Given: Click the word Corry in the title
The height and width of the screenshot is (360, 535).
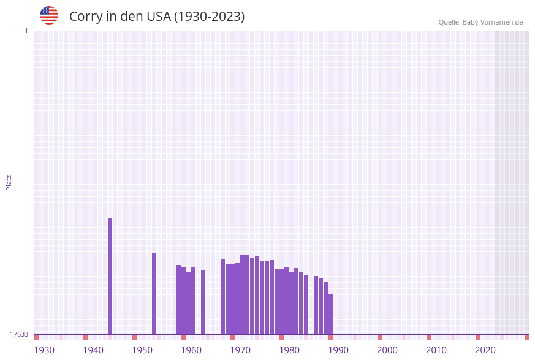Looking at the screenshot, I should tap(86, 17).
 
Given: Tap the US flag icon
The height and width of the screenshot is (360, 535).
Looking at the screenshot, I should tap(49, 15).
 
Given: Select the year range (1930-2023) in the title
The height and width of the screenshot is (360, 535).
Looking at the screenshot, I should tap(209, 17).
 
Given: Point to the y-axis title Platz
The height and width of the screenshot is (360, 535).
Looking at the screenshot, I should tap(9, 182).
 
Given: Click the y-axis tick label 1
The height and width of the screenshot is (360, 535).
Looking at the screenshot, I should tap(26, 31).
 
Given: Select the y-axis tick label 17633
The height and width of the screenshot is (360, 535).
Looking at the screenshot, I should tap(19, 334).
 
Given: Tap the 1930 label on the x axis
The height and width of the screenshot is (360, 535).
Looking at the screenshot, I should tap(44, 350).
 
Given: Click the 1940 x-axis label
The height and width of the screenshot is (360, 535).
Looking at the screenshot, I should tap(93, 350).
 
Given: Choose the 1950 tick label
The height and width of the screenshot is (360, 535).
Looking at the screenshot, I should tap(142, 350).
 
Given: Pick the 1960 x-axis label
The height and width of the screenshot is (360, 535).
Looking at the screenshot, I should tap(191, 350).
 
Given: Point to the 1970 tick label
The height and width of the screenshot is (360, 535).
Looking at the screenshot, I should tap(240, 350).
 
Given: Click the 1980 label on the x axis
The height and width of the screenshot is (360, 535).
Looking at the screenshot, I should tap(289, 350).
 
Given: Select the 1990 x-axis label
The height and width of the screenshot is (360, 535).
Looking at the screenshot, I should tap(338, 350).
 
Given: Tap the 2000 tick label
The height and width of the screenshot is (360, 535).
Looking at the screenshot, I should tap(387, 350).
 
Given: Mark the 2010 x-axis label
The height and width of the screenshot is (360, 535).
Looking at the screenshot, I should tap(436, 350).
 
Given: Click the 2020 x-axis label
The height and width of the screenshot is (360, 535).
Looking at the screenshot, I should tap(485, 350).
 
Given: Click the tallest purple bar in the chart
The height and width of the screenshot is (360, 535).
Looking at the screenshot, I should tap(110, 276).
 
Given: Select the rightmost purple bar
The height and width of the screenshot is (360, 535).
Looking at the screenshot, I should tap(330, 314).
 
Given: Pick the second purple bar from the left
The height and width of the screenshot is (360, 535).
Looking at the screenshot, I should tap(154, 293).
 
